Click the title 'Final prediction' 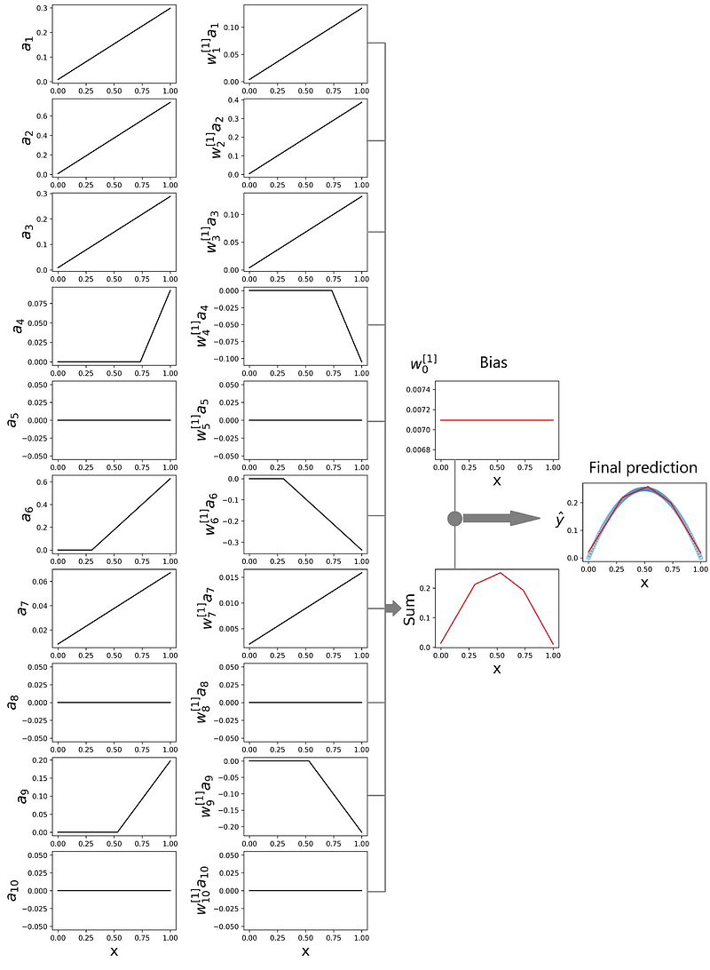643,467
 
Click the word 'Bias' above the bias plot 493,362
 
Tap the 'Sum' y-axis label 409,609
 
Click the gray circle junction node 454,519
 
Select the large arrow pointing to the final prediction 501,519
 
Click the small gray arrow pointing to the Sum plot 393,608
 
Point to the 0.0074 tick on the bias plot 418,390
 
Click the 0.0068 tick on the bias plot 418,449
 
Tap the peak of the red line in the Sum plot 501,572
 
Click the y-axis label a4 20,325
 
